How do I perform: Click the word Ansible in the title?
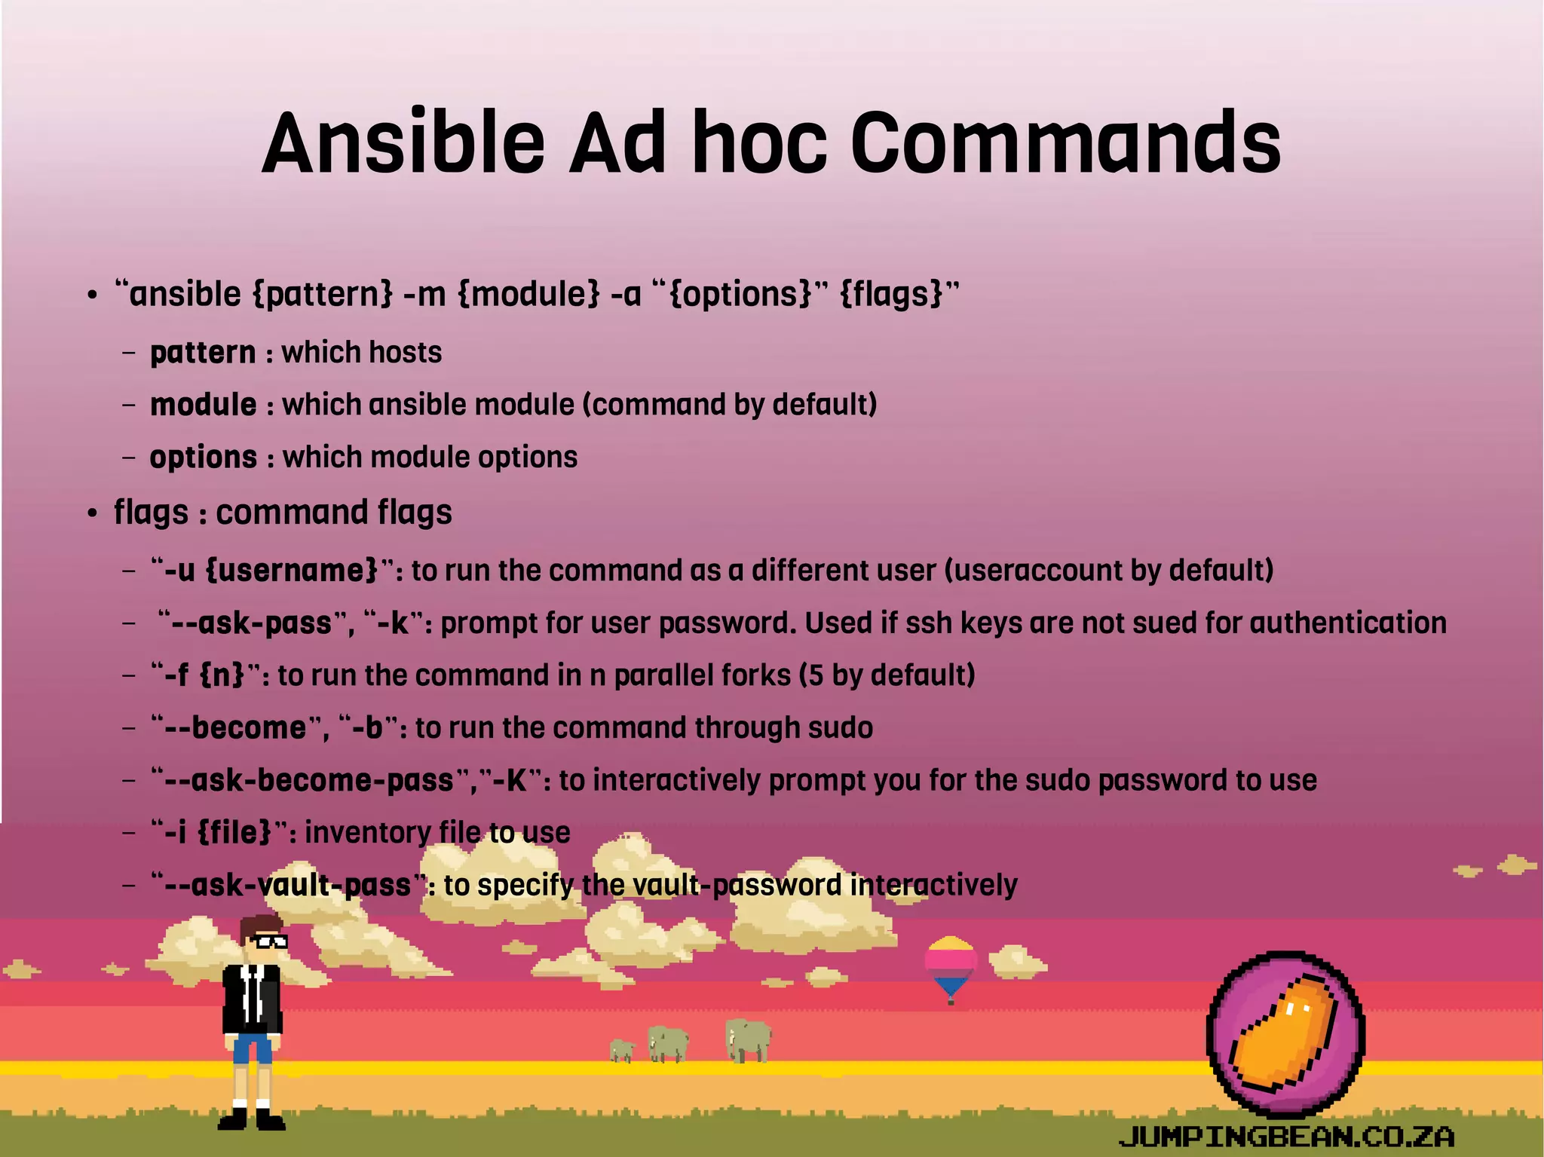tap(403, 143)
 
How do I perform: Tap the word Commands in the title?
tap(1066, 143)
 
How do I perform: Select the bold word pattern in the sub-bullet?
tap(203, 353)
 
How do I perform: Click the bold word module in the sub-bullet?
tap(204, 405)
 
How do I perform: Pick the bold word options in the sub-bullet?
tap(204, 458)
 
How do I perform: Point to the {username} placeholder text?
tap(291, 570)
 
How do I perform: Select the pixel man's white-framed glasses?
tap(268, 941)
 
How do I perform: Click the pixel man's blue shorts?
tap(252, 1048)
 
